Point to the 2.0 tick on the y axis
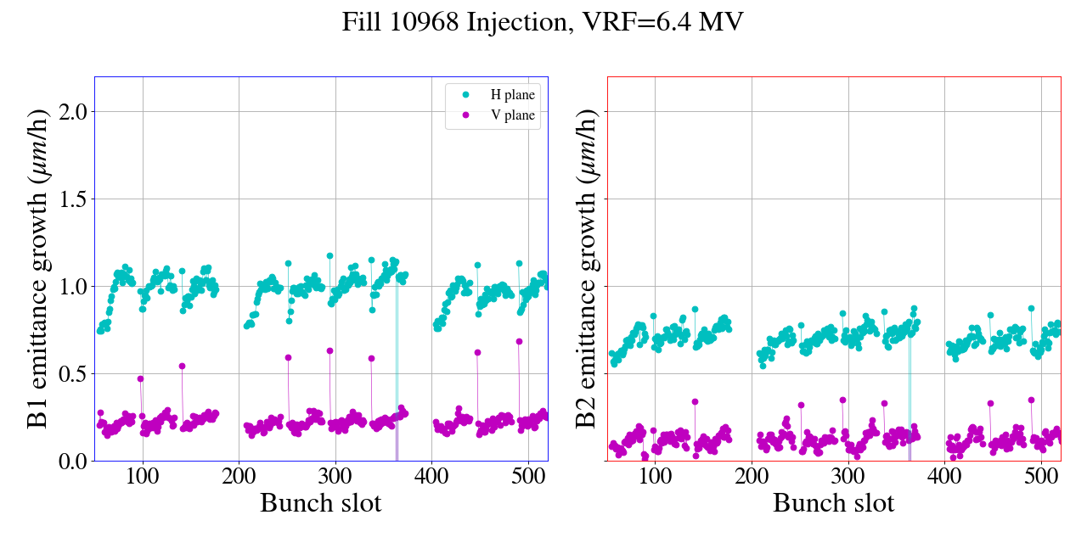coord(70,111)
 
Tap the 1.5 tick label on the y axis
coord(70,199)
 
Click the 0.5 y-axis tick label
coord(70,373)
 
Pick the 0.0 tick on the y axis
coord(70,461)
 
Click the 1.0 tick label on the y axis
coord(70,286)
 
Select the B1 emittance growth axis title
coord(37,269)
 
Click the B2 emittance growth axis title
coord(587,269)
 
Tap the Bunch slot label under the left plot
coord(320,503)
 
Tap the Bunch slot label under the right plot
coord(833,503)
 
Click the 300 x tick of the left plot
coord(335,476)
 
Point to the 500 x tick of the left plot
coord(528,476)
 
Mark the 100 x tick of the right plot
coord(655,476)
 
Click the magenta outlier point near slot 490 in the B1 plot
coord(519,341)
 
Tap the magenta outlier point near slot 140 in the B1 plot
coord(182,366)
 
